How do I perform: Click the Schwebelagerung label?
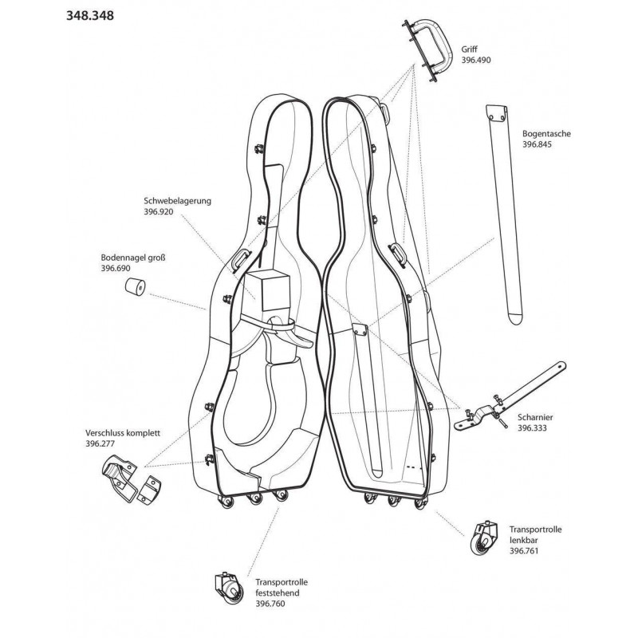point(177,202)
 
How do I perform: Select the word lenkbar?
point(526,539)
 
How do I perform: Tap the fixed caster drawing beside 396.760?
point(227,589)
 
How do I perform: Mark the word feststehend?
point(280,593)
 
